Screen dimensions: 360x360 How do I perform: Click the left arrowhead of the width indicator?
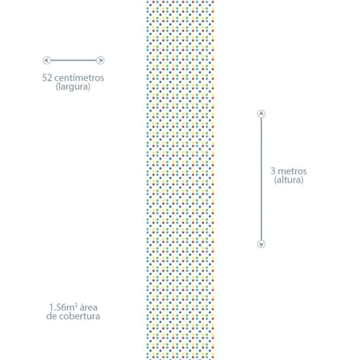click(47, 60)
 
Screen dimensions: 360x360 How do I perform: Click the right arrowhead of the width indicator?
click(100, 60)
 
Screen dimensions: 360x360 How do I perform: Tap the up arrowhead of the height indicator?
click(261, 114)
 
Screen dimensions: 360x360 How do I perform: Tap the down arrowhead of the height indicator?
click(261, 244)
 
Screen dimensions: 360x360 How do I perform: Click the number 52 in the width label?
click(47, 78)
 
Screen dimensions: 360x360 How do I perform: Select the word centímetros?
click(79, 78)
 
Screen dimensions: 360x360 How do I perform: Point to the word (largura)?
click(73, 87)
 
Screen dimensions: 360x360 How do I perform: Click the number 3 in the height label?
click(273, 171)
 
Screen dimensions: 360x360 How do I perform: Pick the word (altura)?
click(289, 180)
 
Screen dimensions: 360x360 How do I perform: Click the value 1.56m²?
click(63, 307)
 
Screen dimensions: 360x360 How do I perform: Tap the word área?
click(89, 307)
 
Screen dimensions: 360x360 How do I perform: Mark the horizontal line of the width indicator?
click(74, 60)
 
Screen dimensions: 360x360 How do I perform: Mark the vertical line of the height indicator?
click(261, 179)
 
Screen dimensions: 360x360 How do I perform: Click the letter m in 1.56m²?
click(70, 308)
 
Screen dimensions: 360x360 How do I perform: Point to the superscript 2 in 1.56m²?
click(76, 305)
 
